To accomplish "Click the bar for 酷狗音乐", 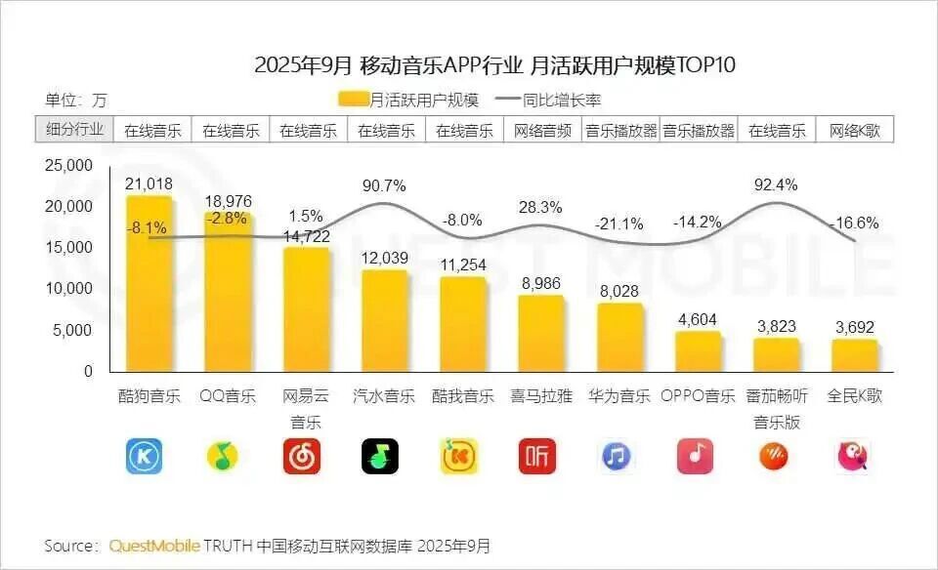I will click(149, 283).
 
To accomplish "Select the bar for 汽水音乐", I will click(384, 320).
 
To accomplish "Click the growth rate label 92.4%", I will click(777, 183).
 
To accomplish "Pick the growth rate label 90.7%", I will click(384, 185).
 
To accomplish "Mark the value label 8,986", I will click(539, 283).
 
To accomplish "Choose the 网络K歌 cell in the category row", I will click(855, 130).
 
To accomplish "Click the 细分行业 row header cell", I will click(74, 130).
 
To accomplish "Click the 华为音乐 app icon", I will click(618, 456).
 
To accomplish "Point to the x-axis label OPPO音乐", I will click(698, 396).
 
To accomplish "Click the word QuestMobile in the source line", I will click(155, 545).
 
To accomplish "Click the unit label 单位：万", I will click(76, 100).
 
